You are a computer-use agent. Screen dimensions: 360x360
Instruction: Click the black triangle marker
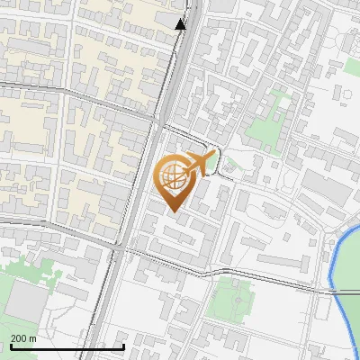point(181,24)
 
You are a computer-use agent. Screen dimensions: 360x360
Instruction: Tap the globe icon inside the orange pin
point(174,177)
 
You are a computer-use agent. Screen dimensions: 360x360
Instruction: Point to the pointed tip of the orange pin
point(174,212)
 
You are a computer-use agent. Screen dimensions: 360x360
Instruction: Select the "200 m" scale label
point(24,337)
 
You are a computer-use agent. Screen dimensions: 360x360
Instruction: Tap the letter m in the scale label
point(33,337)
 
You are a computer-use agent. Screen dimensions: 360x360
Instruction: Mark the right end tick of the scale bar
point(123,346)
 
